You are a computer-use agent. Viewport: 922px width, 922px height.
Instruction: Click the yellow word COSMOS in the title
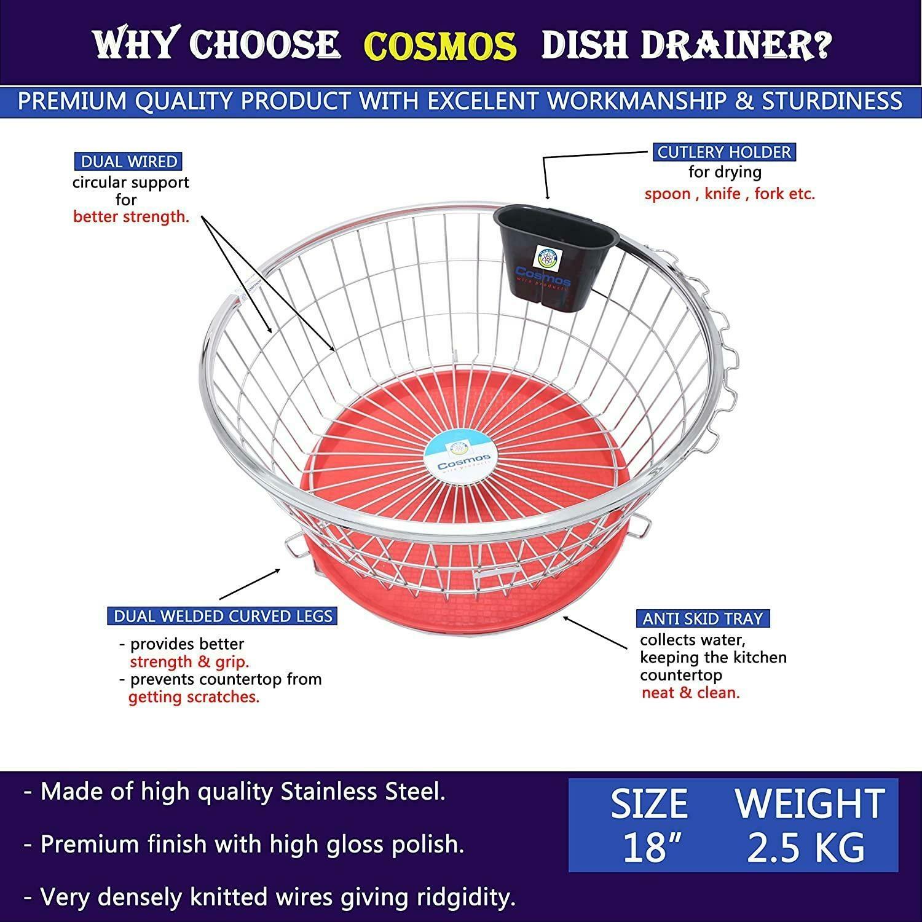[440, 45]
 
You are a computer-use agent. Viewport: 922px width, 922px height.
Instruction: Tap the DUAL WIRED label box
[129, 162]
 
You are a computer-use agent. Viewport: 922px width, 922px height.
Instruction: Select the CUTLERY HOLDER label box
[724, 152]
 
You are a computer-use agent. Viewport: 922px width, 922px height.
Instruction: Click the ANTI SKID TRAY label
[703, 618]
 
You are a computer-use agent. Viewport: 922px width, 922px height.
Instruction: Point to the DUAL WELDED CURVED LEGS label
[223, 616]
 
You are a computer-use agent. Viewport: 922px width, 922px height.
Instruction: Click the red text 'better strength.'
[131, 217]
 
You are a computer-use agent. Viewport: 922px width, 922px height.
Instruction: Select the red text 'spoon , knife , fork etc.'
[730, 194]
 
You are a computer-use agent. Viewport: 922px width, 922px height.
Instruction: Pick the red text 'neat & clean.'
[691, 693]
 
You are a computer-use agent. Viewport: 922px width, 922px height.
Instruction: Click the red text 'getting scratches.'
[194, 697]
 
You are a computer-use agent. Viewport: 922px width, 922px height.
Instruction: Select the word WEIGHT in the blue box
[810, 804]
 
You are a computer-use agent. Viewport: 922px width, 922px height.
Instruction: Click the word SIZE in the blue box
[648, 804]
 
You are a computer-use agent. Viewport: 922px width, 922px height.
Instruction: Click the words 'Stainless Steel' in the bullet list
[361, 792]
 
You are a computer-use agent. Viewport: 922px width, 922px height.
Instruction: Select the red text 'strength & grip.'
[189, 662]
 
